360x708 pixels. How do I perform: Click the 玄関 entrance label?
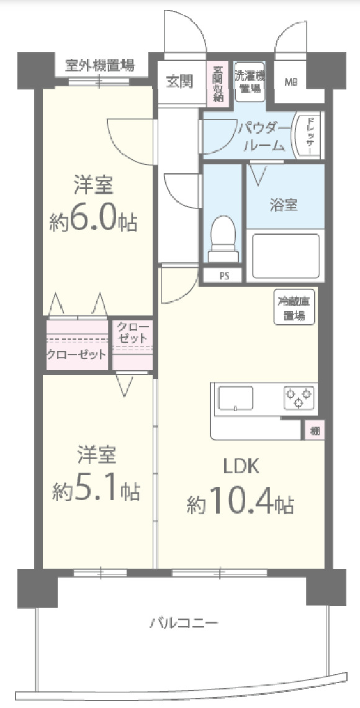179,81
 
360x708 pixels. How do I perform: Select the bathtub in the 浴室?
285,255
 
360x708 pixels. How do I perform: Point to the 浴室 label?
283,205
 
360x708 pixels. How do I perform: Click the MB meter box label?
290,82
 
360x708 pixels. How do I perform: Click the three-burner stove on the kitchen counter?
299,397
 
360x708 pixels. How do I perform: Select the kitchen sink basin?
236,398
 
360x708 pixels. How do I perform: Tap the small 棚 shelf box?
315,430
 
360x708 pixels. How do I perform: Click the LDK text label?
241,466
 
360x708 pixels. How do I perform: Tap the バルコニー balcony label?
183,623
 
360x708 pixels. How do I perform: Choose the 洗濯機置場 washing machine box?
250,81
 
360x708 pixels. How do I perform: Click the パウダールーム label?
264,137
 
